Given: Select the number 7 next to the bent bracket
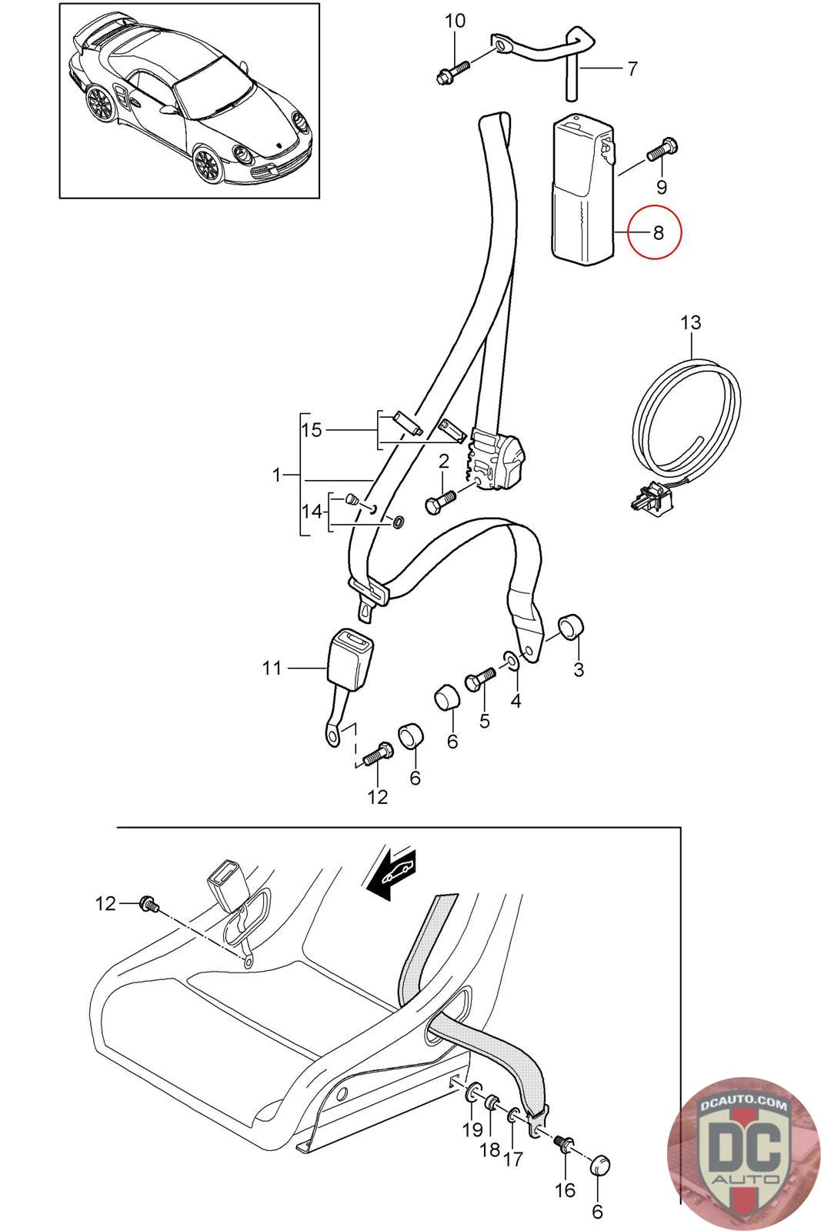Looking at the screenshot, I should click(x=632, y=69).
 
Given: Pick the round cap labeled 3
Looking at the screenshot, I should click(x=570, y=626).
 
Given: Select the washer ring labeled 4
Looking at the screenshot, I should click(x=511, y=660).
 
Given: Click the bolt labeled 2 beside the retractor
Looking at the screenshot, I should click(x=439, y=502).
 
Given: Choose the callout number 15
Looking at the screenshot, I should click(x=312, y=429).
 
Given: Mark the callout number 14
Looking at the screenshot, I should click(x=312, y=510).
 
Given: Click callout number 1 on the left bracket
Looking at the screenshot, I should click(x=278, y=475).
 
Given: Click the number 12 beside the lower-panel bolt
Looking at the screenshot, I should click(x=105, y=903).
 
